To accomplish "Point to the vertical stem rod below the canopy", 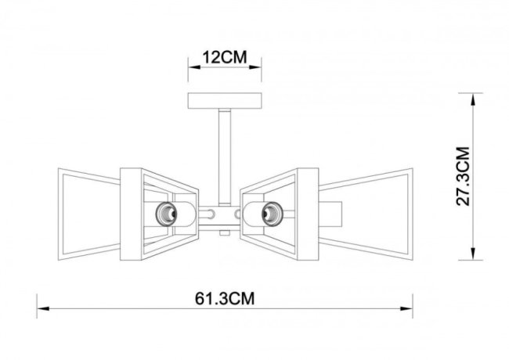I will click(x=223, y=157).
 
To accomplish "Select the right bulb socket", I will click(x=272, y=211).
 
